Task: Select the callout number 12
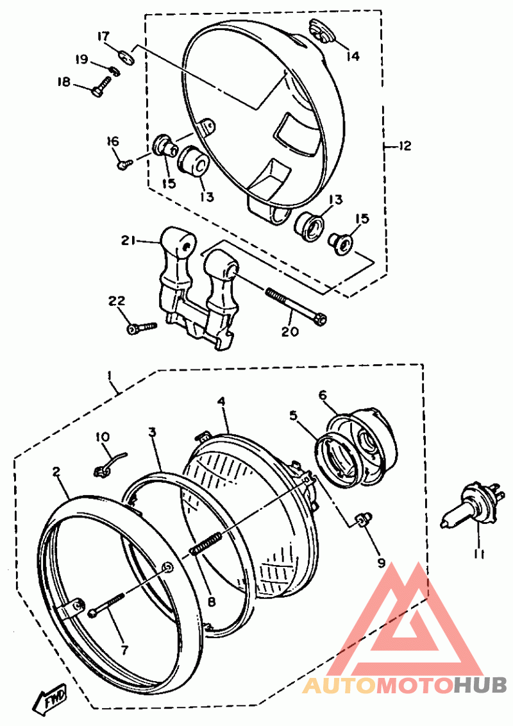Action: [x=404, y=146]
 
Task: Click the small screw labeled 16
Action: [x=124, y=164]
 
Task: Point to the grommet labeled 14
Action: [x=321, y=31]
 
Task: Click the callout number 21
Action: [x=129, y=241]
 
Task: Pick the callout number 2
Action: [x=56, y=471]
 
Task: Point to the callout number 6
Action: [x=323, y=395]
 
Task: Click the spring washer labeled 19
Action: [x=114, y=71]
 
